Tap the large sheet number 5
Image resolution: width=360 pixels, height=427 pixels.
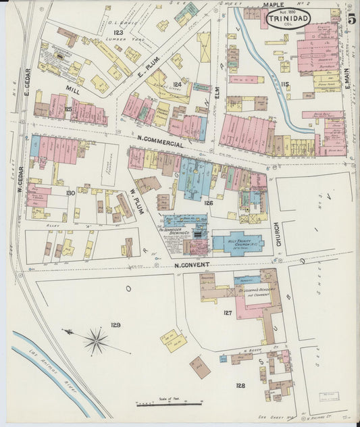point(352,18)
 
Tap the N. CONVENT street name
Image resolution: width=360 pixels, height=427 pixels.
point(192,264)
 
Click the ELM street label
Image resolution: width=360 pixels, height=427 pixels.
point(217,101)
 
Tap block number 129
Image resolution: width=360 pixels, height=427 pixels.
point(115,325)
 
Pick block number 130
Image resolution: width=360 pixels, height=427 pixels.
point(70,193)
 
